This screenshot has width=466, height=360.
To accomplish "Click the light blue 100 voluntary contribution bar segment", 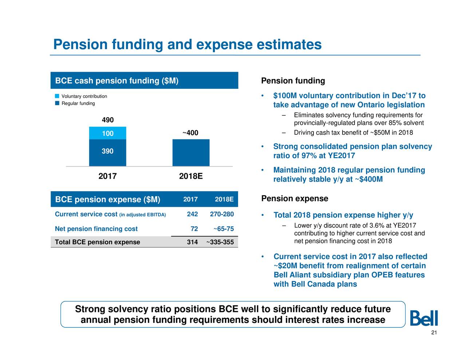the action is (x=107, y=133).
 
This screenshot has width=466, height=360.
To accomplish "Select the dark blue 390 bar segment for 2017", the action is (x=107, y=153).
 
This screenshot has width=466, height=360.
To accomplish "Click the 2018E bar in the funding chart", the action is (x=191, y=153).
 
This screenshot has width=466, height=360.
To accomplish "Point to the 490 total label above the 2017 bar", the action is (x=108, y=120).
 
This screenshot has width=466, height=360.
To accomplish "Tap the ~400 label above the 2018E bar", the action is (x=190, y=133).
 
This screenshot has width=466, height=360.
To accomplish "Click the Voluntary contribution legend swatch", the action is (x=57, y=96).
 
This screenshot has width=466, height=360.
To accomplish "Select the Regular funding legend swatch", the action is (x=57, y=103).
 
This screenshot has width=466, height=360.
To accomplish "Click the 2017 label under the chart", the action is (x=107, y=176).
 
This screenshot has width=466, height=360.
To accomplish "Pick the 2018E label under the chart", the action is (x=191, y=176).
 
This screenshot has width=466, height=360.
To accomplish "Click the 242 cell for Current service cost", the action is (x=192, y=214).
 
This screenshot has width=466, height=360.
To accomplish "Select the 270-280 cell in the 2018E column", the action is (x=222, y=214).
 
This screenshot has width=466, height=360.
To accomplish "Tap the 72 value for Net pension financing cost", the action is (x=194, y=229).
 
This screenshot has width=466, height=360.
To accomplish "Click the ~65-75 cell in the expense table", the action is (x=224, y=229).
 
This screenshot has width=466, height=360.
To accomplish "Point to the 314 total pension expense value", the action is (x=192, y=242).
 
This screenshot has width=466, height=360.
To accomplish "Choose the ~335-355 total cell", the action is (x=220, y=242).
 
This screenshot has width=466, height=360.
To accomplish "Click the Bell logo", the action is (x=424, y=318).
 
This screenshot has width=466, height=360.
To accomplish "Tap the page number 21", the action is (x=434, y=333).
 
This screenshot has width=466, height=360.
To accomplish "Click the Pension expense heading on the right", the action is (x=295, y=198).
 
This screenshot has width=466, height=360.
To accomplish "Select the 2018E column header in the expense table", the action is (x=224, y=199).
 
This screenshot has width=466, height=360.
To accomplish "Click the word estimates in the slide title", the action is (x=289, y=44).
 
